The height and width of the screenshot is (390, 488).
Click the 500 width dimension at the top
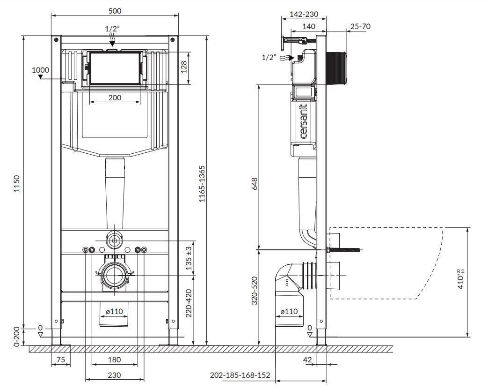[x=115, y=11]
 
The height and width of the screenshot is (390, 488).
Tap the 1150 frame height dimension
[x=17, y=184]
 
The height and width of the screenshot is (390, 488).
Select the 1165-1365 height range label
[x=202, y=184]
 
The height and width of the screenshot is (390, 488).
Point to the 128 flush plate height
[x=184, y=67]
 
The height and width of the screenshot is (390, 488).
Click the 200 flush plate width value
[x=115, y=97]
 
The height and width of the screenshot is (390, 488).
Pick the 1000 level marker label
[x=40, y=70]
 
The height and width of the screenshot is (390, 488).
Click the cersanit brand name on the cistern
[x=304, y=121]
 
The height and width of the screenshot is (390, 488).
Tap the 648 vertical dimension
[x=255, y=184]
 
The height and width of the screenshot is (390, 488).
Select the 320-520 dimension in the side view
[x=255, y=291]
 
